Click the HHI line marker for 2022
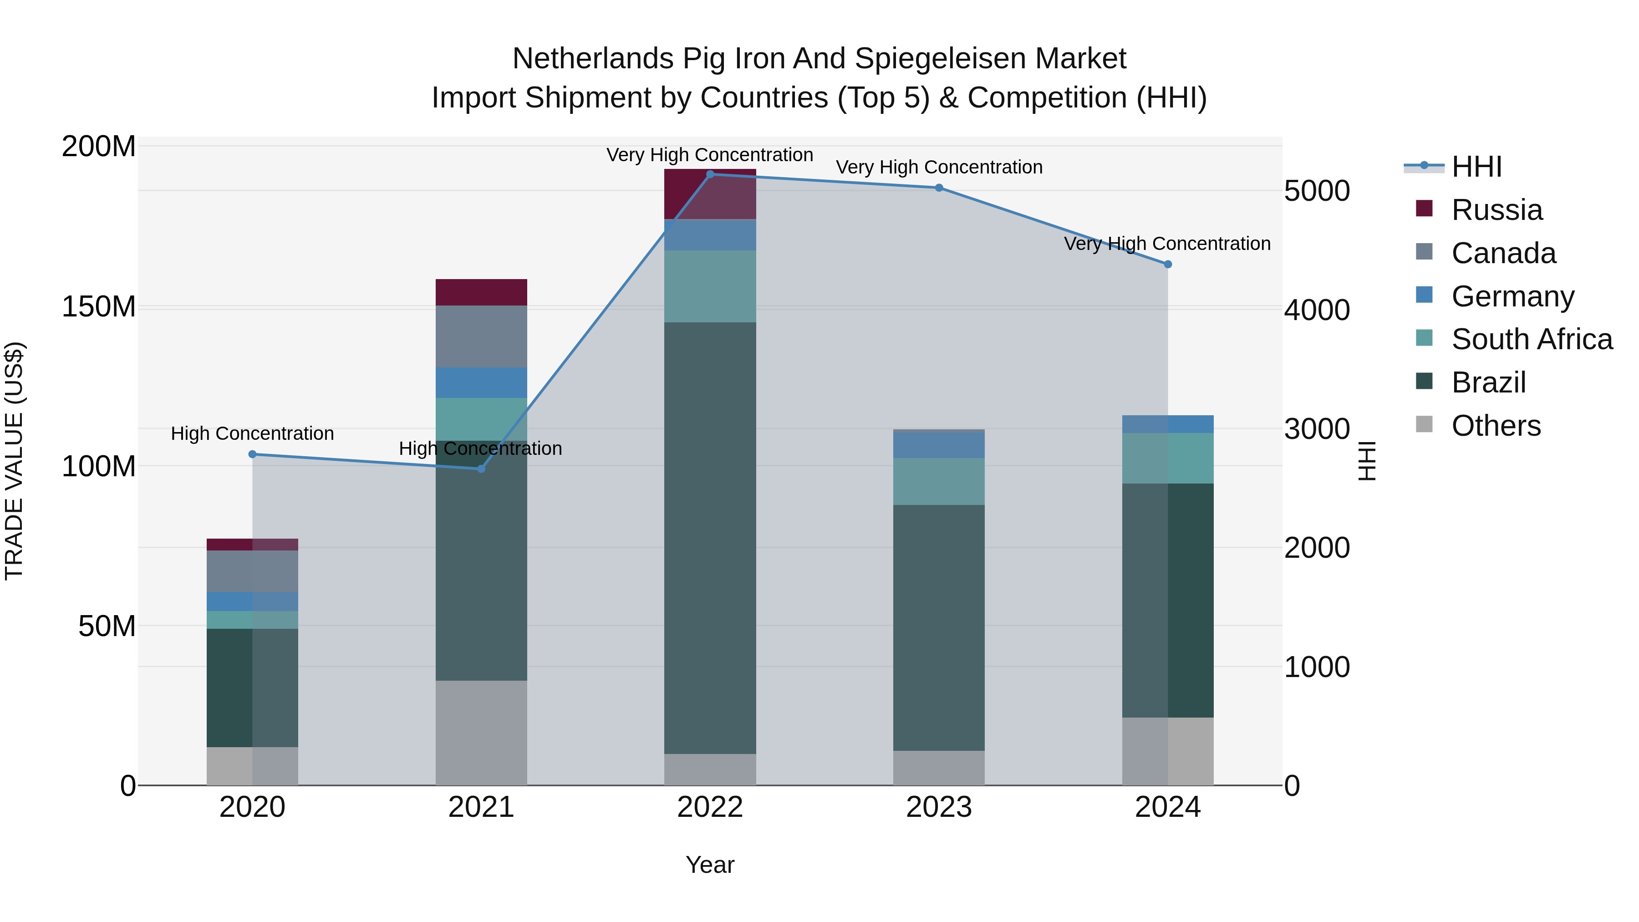tap(710, 174)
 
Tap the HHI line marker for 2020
tap(253, 454)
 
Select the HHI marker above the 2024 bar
tap(1167, 264)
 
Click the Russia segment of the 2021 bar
tap(481, 292)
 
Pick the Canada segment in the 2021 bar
tap(481, 336)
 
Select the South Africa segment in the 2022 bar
tap(710, 286)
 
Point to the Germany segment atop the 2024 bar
tap(1167, 424)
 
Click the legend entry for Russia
tap(1496, 210)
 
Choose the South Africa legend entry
tap(1532, 339)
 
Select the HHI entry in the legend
tap(1476, 167)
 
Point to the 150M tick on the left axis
tap(99, 307)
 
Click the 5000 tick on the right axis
tap(1316, 191)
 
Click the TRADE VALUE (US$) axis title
tap(14, 461)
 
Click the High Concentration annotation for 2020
tap(253, 433)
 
